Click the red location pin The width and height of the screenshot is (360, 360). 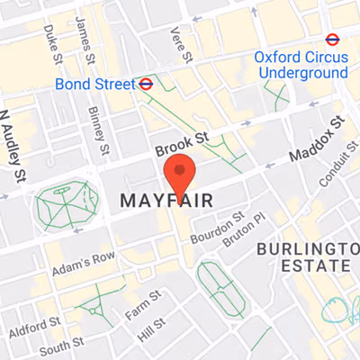(180, 173)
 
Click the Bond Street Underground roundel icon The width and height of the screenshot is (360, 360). (145, 83)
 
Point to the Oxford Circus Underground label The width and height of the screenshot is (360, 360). (300, 64)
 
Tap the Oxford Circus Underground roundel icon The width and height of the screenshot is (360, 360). (332, 39)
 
